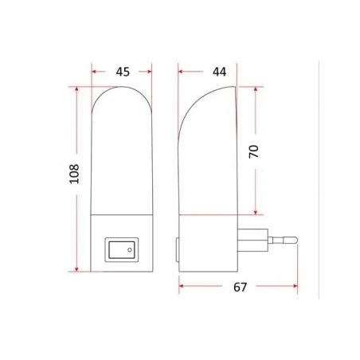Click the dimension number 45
click(123, 72)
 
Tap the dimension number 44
click(218, 72)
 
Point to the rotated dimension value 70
click(254, 151)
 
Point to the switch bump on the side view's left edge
click(177, 248)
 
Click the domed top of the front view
click(122, 94)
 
